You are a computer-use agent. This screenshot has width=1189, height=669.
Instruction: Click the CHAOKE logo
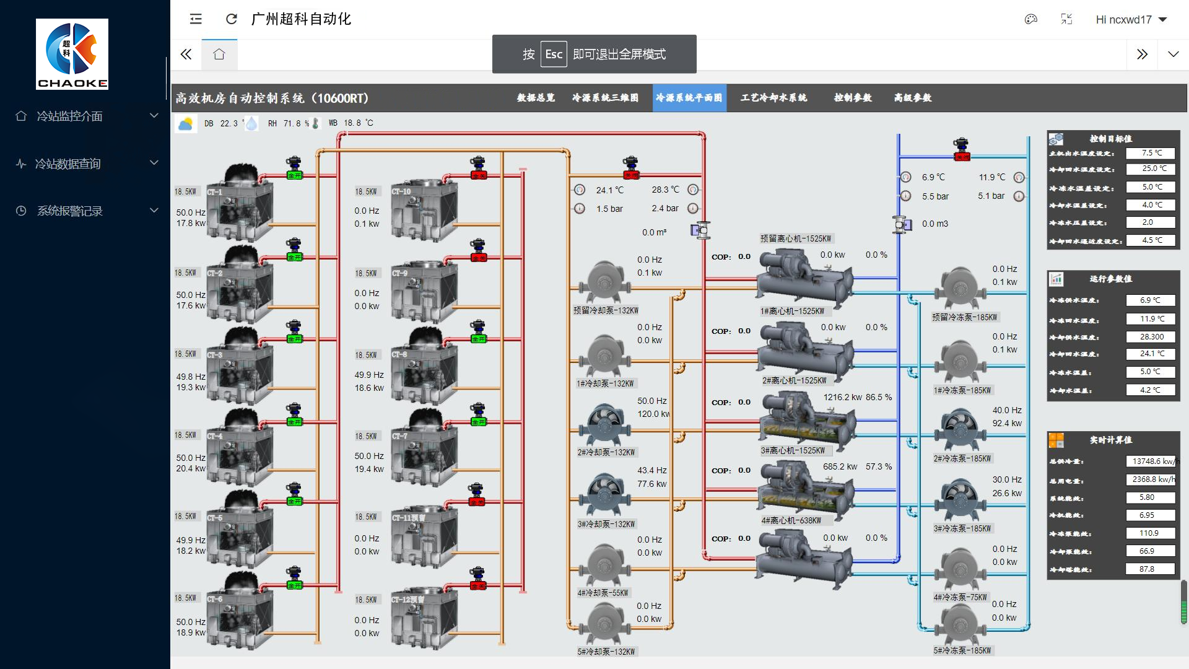pos(72,54)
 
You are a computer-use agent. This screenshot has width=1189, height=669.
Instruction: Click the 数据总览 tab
pos(536,98)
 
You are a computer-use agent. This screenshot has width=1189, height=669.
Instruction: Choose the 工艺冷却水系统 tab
pos(773,98)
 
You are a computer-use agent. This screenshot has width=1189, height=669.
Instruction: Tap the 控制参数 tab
pos(853,98)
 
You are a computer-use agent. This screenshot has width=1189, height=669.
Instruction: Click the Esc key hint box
pos(554,54)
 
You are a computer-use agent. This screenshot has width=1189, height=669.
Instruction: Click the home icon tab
pos(219,55)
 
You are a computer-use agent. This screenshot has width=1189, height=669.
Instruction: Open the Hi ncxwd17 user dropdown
pos(1131,20)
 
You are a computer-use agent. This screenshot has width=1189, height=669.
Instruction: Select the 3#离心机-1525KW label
pos(793,451)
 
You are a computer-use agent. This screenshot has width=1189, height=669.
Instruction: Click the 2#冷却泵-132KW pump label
pos(606,452)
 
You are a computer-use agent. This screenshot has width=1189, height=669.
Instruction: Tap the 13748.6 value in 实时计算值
pos(1151,461)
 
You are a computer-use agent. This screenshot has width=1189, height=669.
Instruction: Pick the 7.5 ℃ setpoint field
pos(1151,153)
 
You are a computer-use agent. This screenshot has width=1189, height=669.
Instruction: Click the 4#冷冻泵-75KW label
pos(960,597)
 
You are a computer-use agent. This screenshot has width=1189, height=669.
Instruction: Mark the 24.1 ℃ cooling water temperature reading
pos(610,190)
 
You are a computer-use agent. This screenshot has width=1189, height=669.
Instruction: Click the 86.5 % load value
pos(879,397)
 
